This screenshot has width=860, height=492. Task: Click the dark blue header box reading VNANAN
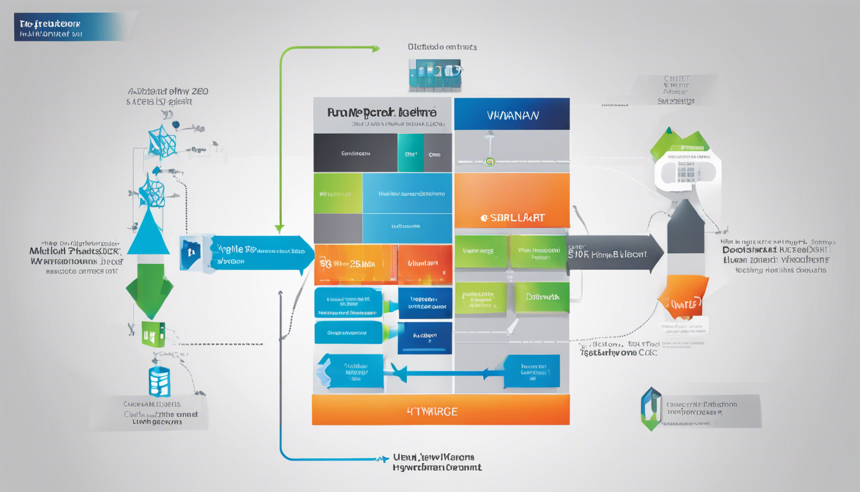click(x=511, y=115)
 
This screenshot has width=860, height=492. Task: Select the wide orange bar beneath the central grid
click(x=440, y=410)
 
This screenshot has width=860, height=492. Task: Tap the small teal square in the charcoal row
click(x=410, y=153)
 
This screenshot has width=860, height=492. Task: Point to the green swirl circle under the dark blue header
click(x=490, y=161)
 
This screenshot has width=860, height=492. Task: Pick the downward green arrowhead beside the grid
click(x=279, y=227)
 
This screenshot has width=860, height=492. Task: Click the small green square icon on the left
click(x=154, y=334)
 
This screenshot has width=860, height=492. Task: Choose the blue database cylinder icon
click(x=159, y=381)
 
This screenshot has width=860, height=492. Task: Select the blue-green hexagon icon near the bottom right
click(x=650, y=408)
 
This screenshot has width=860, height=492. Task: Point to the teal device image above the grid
click(x=434, y=74)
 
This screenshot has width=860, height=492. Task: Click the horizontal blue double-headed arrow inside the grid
click(x=442, y=372)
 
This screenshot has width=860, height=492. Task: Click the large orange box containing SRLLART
click(x=511, y=200)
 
